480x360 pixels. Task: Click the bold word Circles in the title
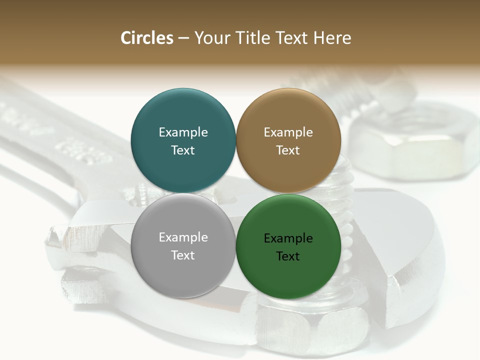147,38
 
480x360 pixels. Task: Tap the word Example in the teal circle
183,132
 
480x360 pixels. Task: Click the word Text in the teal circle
183,150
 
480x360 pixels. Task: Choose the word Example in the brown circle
288,132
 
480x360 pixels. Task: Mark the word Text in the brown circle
288,150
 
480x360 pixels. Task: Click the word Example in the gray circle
183,237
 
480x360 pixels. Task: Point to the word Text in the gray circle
183,255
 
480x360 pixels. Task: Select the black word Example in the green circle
288,238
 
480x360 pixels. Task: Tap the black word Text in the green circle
288,256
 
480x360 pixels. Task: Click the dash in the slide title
183,38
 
